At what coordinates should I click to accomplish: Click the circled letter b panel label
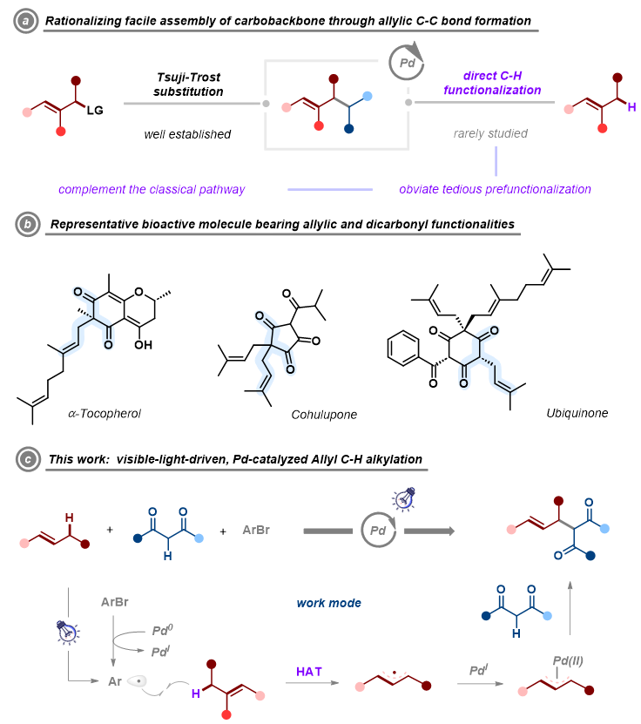(24, 225)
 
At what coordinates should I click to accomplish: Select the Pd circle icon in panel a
(404, 63)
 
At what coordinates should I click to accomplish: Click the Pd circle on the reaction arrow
(379, 531)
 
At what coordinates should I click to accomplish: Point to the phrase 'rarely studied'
(490, 134)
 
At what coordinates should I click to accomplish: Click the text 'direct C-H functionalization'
(492, 84)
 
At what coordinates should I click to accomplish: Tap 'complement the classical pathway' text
(152, 189)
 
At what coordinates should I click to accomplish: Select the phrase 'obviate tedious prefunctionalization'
(495, 189)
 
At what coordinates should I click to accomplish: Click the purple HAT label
(310, 670)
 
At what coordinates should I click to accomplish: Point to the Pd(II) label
(568, 660)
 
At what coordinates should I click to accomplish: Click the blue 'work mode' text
(328, 603)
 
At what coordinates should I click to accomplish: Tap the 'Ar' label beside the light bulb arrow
(115, 681)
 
